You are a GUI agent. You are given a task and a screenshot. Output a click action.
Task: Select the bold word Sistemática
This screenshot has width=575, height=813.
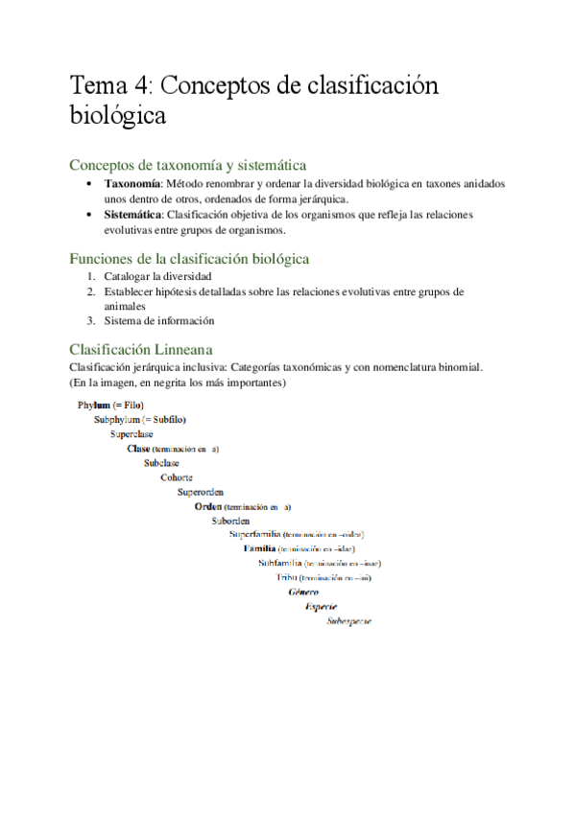133,215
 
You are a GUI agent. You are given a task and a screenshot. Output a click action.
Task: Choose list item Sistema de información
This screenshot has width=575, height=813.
159,320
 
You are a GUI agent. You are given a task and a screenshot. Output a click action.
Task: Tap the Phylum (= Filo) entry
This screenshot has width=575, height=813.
110,406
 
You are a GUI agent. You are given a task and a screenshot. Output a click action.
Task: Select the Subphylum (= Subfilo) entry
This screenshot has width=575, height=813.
139,420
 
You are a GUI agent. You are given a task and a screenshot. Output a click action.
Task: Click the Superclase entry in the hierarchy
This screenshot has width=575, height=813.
132,434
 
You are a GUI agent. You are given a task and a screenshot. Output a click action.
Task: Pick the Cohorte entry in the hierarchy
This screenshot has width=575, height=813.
176,477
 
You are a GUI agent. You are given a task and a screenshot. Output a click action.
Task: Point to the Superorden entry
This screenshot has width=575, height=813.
201,492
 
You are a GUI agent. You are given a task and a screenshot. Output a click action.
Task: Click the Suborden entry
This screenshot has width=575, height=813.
230,521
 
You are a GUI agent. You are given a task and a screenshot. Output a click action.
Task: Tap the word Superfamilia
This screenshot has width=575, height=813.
255,534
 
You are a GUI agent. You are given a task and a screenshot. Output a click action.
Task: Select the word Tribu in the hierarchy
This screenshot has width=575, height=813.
286,578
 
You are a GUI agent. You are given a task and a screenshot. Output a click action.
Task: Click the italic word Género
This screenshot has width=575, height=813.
303,592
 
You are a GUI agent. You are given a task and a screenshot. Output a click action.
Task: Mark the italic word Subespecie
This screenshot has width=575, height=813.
348,621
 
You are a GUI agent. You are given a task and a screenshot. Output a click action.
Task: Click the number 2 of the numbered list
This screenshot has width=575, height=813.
89,291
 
